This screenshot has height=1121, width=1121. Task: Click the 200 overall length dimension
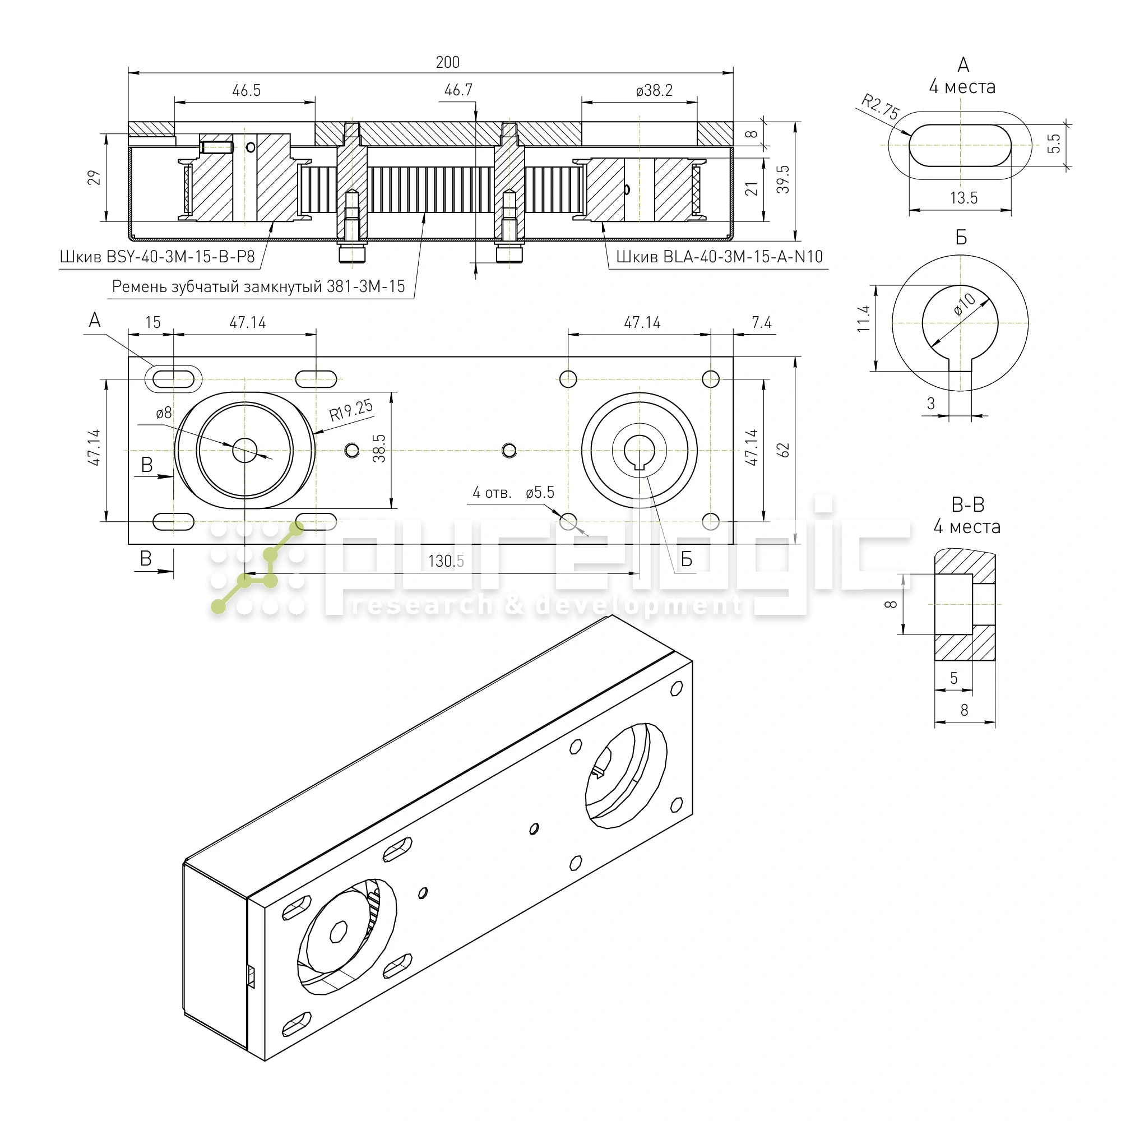(x=447, y=62)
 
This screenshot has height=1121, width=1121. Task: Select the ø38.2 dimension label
(x=654, y=90)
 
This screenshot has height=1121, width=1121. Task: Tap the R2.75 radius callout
(x=879, y=106)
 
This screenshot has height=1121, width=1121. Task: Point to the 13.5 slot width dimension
(x=963, y=198)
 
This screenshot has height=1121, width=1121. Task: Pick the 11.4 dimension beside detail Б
(x=864, y=318)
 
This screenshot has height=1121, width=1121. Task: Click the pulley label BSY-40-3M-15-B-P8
(x=158, y=257)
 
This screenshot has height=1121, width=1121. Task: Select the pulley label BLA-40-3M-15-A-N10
(x=719, y=257)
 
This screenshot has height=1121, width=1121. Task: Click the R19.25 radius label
(x=351, y=410)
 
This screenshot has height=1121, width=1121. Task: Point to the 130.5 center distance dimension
(x=446, y=561)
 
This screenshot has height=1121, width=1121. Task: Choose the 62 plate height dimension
(x=784, y=450)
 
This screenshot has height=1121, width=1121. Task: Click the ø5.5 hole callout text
(x=540, y=493)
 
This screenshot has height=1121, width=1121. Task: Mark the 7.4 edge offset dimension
(x=761, y=323)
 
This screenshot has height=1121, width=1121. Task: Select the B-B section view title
(x=968, y=505)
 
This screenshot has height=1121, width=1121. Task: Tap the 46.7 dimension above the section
(x=458, y=90)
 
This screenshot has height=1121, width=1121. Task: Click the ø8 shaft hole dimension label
(x=164, y=413)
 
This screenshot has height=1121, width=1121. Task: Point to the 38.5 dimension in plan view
(x=379, y=448)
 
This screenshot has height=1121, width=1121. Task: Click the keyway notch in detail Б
(x=960, y=365)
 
